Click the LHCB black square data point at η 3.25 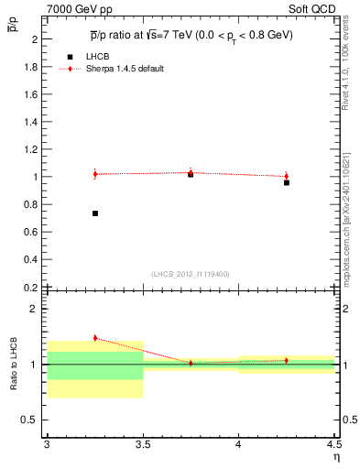[x=95, y=213]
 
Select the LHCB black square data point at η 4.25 [x=287, y=182]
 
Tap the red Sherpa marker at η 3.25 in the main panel [x=95, y=174]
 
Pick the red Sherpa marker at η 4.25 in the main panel [x=287, y=176]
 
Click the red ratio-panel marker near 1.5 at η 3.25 [x=95, y=338]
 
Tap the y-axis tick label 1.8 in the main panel [x=31, y=67]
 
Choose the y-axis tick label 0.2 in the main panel [x=31, y=287]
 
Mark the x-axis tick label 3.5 [x=142, y=444]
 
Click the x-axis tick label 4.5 [x=333, y=444]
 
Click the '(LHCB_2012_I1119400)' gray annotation [x=190, y=274]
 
